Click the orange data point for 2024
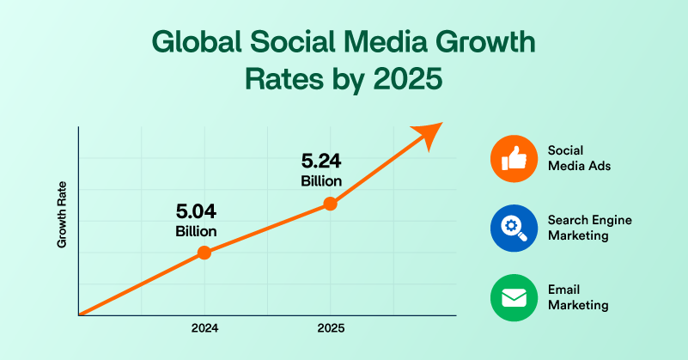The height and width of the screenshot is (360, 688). point(204,253)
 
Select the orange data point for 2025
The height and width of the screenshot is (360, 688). point(330,204)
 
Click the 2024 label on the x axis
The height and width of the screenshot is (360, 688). point(204,328)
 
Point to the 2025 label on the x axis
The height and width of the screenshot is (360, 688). point(330,328)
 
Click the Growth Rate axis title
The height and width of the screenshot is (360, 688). point(62,223)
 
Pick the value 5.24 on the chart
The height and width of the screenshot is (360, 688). point(322,161)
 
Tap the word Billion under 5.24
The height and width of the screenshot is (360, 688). point(322,180)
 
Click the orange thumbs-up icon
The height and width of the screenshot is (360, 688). point(514,157)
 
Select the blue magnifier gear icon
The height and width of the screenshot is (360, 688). point(514,228)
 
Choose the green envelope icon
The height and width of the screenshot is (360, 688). point(514,297)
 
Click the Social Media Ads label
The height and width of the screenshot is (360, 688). point(579,157)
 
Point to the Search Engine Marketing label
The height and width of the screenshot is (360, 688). point(589,228)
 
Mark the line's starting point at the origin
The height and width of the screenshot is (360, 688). point(78,314)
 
